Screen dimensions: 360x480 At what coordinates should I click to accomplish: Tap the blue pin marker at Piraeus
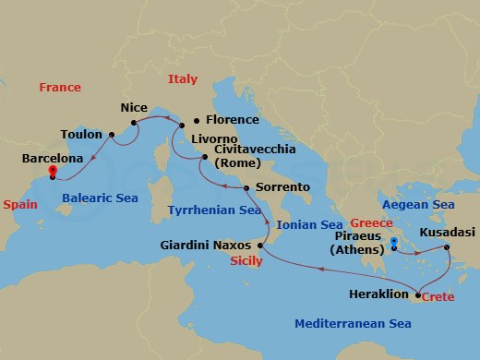[x=394, y=243]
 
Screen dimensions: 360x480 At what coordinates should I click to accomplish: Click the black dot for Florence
[x=196, y=121]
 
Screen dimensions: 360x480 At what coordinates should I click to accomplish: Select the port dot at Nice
[x=134, y=122]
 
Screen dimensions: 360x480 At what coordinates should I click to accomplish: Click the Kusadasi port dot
[x=447, y=247]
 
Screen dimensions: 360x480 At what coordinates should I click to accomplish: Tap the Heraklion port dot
[x=417, y=295]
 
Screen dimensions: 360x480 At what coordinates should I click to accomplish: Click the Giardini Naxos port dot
[x=260, y=246]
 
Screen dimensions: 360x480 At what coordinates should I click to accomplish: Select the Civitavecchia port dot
[x=203, y=159]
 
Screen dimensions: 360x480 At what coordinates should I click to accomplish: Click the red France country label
[x=60, y=87]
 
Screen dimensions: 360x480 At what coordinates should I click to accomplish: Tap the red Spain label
[x=19, y=205]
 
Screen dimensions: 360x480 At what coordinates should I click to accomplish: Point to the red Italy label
[x=183, y=80]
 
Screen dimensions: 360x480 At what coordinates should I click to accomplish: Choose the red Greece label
[x=371, y=223]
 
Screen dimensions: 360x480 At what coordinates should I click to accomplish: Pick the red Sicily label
[x=247, y=262]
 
